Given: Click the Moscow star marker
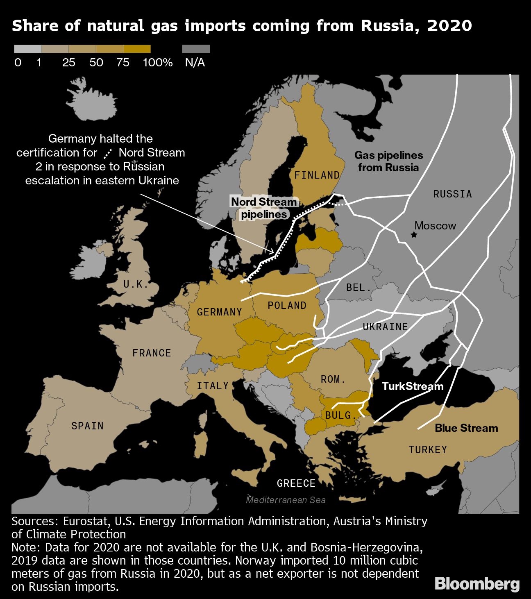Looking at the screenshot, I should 414,235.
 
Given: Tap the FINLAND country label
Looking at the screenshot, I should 317,175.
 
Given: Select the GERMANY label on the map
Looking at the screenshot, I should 220,312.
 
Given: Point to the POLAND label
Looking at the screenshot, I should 287,306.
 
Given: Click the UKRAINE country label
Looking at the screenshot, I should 385,327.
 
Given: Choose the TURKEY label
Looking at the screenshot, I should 428,450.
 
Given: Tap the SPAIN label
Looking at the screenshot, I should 87,426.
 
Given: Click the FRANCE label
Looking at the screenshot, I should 152,353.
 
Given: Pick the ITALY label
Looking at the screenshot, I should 213,386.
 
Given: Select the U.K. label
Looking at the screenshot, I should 136,284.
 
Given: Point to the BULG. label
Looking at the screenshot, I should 341,415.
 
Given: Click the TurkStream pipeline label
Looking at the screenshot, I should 413,386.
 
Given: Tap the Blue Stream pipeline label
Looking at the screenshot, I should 466,428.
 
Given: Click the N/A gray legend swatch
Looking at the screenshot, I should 196,49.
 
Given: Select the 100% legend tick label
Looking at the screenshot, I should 158,63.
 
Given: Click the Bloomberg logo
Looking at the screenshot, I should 477,584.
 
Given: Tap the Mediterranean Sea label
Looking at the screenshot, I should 286,500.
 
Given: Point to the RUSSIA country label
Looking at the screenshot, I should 452,194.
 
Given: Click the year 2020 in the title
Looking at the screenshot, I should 449,26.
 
